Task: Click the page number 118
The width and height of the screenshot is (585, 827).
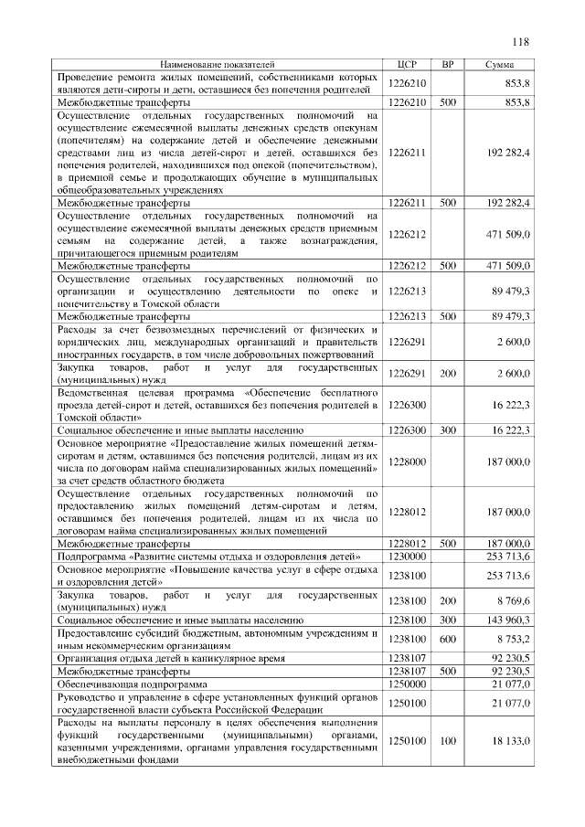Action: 521,41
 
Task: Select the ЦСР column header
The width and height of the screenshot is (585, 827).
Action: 409,65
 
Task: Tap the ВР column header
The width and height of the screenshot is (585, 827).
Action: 448,65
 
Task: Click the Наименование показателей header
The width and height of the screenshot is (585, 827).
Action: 218,65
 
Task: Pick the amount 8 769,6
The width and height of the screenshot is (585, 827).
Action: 512,601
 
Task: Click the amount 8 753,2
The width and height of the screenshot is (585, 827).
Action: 512,639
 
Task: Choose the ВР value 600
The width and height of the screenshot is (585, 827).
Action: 448,639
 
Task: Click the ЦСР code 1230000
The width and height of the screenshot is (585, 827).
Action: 408,555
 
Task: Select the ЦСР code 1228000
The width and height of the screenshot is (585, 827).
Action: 408,462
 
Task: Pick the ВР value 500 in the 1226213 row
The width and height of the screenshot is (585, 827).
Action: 448,316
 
